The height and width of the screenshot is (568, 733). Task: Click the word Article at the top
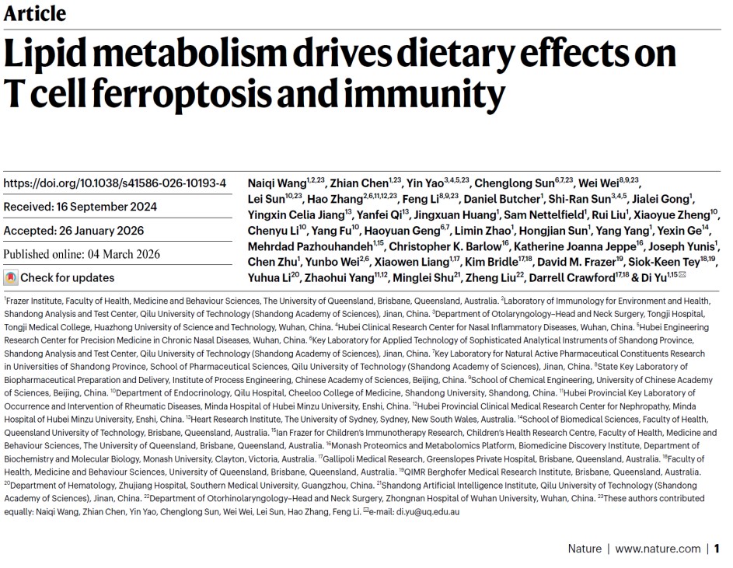pyautogui.click(x=34, y=13)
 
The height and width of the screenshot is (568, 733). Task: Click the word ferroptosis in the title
pyautogui.click(x=155, y=95)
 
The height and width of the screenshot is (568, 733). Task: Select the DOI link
pyautogui.click(x=115, y=183)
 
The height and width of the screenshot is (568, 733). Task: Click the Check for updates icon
pyautogui.click(x=11, y=277)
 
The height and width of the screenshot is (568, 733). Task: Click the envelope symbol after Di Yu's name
pyautogui.click(x=682, y=276)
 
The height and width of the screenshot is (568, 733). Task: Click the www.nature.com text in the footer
pyautogui.click(x=658, y=549)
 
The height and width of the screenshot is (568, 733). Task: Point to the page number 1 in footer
pyautogui.click(x=717, y=549)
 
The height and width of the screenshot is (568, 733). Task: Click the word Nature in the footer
pyautogui.click(x=585, y=549)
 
